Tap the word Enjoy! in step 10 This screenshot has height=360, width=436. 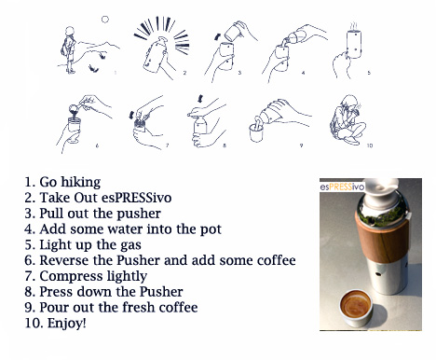click(x=67, y=324)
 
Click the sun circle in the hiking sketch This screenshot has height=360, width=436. click(x=105, y=20)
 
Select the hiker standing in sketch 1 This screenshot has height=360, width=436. click(x=70, y=50)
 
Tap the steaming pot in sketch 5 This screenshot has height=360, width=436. click(x=354, y=43)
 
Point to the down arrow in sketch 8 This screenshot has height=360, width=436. click(x=199, y=99)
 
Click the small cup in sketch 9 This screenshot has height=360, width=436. click(x=256, y=132)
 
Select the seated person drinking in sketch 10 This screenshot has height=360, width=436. click(x=347, y=119)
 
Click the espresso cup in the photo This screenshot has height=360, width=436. click(x=356, y=308)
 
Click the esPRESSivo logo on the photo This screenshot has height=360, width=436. click(x=342, y=187)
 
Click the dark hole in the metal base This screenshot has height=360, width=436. click(x=378, y=274)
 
